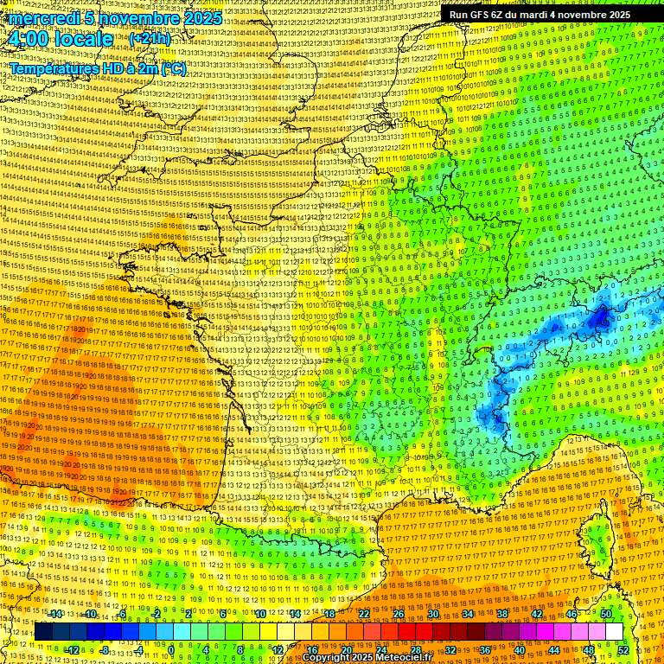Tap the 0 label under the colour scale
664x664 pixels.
pos(171,650)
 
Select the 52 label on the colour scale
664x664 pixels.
pos(623,650)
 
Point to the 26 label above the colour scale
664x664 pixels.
pos(399,614)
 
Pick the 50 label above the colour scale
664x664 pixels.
pos(605,614)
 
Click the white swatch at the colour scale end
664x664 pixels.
pos(614,632)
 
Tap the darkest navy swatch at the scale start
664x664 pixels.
pos(43,632)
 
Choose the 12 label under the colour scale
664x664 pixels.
pos(278,650)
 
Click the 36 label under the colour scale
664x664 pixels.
pos(484,650)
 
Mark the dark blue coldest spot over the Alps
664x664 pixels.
pos(598,319)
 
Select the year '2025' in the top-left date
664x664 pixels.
pos(198,18)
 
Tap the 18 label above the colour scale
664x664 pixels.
pos(329,614)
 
